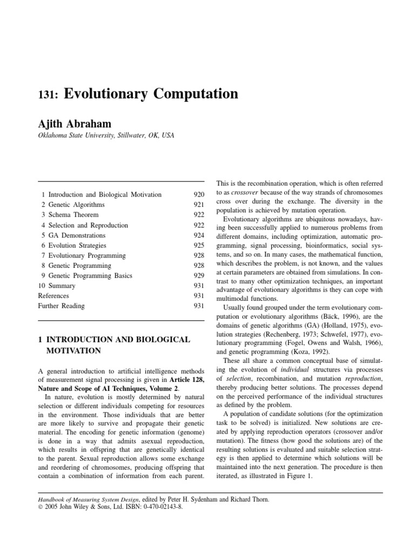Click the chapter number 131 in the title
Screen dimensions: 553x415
pos(48,95)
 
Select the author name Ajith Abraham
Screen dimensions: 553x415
pos(75,124)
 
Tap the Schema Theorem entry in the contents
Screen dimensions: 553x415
pos(73,215)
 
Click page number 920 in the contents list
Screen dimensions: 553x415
pos(198,194)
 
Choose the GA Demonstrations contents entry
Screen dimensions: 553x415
pos(77,235)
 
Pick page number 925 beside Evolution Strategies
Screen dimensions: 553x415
pos(198,245)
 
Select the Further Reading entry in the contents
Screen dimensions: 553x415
pos(61,306)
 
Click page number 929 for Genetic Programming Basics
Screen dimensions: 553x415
pos(198,275)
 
